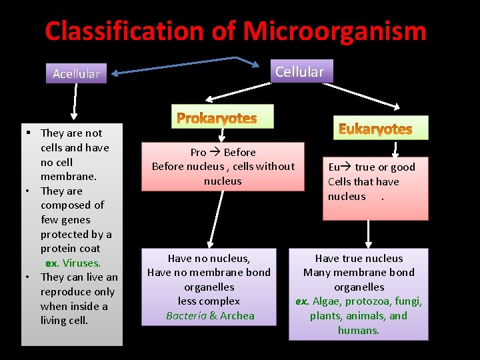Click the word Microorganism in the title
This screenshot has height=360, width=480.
[x=334, y=31]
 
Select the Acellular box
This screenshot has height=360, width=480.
[x=76, y=73]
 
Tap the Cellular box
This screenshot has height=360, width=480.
[x=299, y=71]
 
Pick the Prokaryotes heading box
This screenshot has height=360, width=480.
[x=217, y=119]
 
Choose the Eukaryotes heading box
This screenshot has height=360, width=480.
[x=375, y=128]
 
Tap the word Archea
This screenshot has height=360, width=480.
[x=237, y=316]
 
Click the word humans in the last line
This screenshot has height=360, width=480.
[x=359, y=331]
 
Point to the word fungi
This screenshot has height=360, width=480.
[x=407, y=301]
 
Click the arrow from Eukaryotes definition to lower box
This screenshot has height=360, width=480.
[x=369, y=233]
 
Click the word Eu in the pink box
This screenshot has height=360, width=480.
[x=335, y=167]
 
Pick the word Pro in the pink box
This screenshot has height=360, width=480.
[x=198, y=152]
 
